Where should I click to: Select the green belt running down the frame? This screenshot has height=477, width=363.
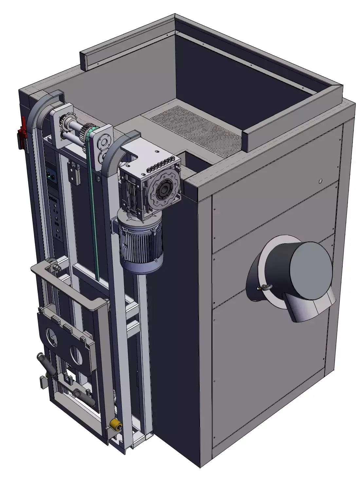point(93,203)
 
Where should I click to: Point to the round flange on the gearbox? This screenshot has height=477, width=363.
point(164,190)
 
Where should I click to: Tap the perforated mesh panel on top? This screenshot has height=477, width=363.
point(196,128)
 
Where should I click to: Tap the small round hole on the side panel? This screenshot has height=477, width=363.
point(320,181)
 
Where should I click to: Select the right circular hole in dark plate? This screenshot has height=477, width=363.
point(77,354)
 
